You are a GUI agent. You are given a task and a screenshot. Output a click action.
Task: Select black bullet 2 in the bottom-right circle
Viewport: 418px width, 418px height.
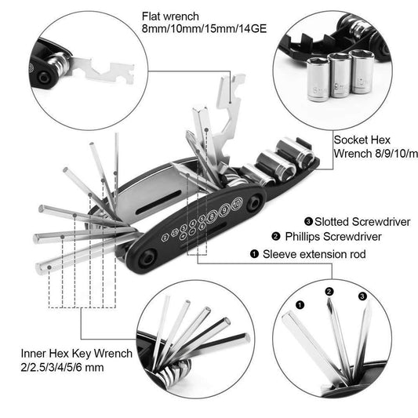pos(329,291)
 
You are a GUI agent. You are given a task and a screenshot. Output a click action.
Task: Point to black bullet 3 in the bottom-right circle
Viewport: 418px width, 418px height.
pos(362,296)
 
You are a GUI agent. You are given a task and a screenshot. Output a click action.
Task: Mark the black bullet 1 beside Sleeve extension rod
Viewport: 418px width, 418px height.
pos(253,254)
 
